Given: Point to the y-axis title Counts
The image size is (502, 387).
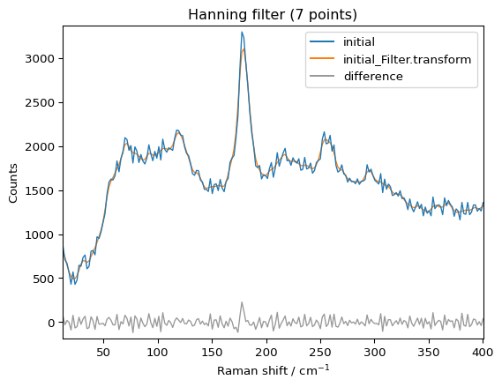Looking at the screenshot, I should (13, 182).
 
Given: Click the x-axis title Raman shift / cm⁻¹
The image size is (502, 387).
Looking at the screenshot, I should (273, 370).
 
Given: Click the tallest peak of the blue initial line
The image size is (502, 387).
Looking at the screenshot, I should (242, 33).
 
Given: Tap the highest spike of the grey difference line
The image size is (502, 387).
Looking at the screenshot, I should (242, 302).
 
